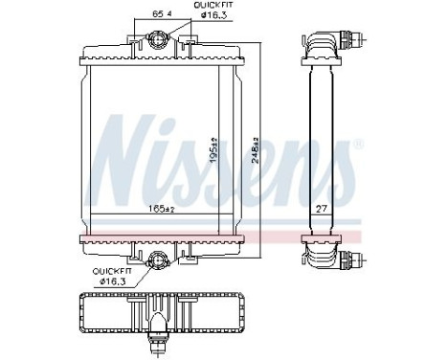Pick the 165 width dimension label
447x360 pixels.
[x=160, y=208]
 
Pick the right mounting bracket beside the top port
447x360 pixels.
[x=190, y=43]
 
